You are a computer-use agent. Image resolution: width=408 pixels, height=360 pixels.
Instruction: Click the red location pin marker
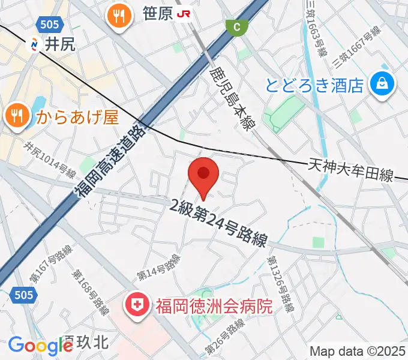point(203,174)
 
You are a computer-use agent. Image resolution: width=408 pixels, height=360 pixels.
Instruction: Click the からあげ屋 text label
point(77,115)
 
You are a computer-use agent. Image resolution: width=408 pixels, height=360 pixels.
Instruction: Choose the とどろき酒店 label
point(314,85)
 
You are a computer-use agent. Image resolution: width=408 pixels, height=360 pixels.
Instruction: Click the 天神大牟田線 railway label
point(351,170)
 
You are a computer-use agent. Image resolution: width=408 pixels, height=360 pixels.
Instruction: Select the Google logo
point(40,346)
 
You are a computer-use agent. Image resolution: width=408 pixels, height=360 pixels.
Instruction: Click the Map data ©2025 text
point(356,351)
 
